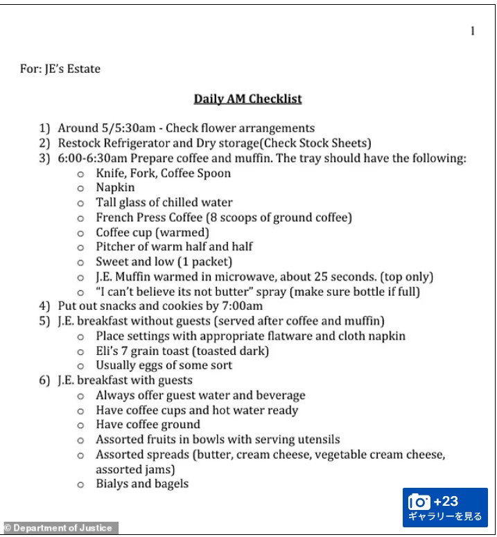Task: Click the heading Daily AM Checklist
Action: tap(247, 98)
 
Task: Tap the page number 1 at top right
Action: tap(473, 30)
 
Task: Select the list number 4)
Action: tap(45, 306)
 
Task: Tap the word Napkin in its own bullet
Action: tap(115, 187)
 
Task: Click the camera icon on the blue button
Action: tap(419, 502)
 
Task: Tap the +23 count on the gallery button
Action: tap(446, 501)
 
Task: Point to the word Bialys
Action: tap(113, 484)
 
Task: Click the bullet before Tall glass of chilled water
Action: tap(80, 203)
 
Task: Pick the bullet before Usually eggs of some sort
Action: tap(80, 366)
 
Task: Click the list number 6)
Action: tap(45, 380)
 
